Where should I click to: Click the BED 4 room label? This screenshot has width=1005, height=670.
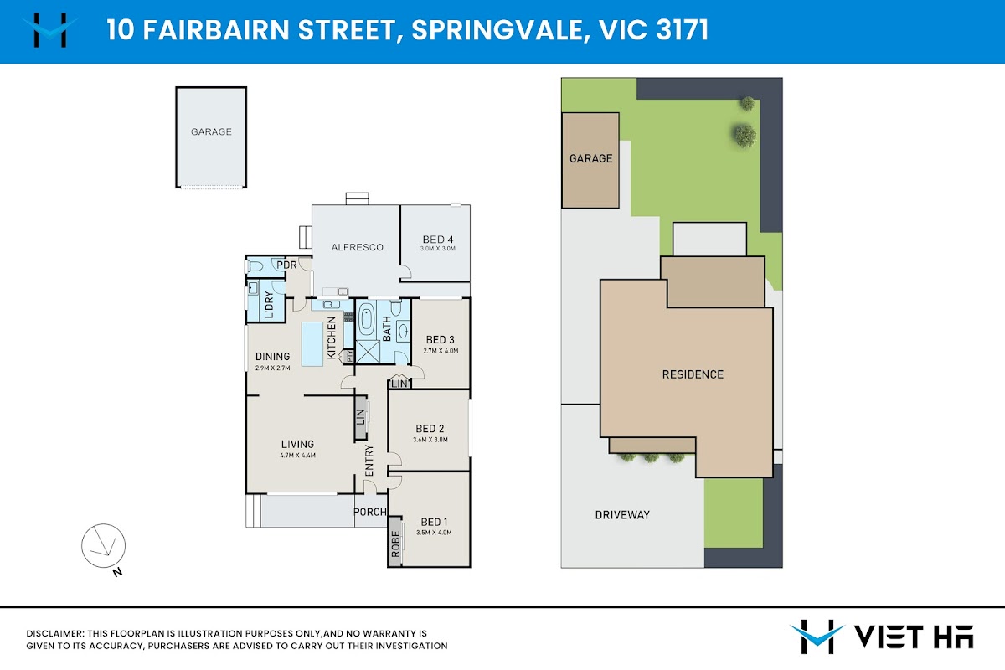(437, 240)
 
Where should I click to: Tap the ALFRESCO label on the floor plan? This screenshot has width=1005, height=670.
(357, 247)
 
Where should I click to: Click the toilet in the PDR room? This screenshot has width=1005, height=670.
(255, 266)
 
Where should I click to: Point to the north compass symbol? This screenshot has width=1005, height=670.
(104, 546)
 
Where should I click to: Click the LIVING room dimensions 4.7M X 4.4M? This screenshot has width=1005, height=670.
(297, 455)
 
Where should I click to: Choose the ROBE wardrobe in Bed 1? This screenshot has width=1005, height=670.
(395, 542)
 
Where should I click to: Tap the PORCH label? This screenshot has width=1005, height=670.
(369, 512)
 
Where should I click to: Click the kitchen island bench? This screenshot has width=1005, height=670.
(312, 344)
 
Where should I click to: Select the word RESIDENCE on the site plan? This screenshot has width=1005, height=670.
(693, 374)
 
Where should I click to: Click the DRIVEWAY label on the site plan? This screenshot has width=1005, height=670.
(622, 515)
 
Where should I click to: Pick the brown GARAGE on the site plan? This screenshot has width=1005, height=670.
(590, 160)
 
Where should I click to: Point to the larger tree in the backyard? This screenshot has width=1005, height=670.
(745, 135)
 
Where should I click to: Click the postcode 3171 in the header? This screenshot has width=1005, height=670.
(682, 30)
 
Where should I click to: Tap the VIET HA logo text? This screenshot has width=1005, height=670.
(914, 637)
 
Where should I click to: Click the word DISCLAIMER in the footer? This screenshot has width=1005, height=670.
(55, 634)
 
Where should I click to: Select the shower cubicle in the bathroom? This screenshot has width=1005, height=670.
(368, 352)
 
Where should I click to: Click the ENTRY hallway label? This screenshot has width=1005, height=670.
(369, 461)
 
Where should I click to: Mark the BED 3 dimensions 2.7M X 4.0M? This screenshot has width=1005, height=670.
(441, 351)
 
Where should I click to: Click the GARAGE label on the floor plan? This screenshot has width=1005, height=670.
(211, 132)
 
